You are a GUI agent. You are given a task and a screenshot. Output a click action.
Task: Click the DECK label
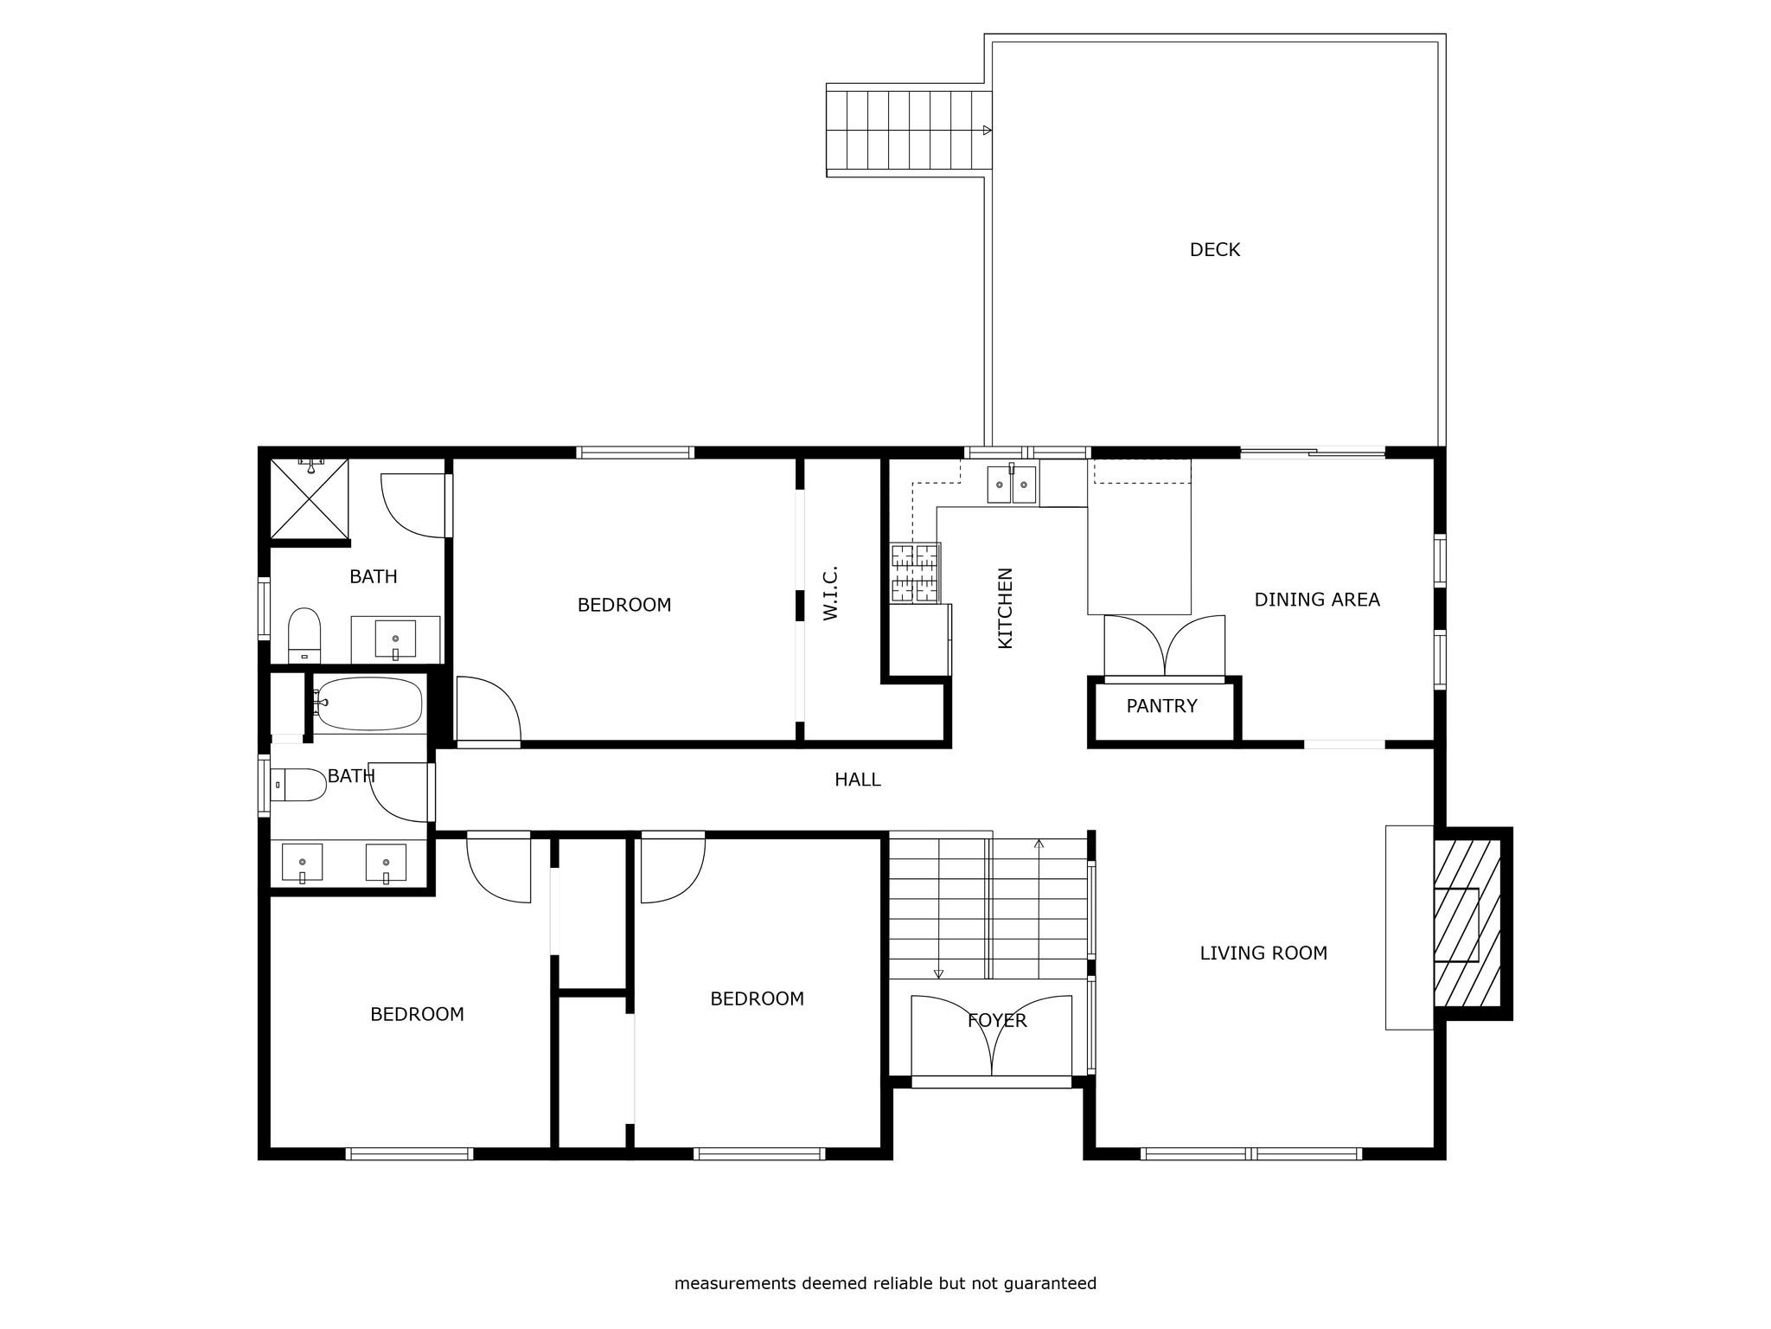click(x=1214, y=250)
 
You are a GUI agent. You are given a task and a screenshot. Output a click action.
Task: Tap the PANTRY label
click(x=1161, y=706)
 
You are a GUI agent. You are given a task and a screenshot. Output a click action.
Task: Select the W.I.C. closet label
click(x=831, y=593)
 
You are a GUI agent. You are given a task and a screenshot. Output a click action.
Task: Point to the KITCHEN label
click(x=1005, y=607)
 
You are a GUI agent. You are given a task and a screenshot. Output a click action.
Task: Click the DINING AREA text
click(x=1317, y=600)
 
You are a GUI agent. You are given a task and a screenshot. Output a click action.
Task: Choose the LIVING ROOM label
click(x=1263, y=953)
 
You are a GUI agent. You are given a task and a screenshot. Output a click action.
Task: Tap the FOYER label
click(x=997, y=1021)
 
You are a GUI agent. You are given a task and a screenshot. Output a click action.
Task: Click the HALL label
click(x=858, y=780)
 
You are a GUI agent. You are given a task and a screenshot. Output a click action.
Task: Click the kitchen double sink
click(x=1012, y=483)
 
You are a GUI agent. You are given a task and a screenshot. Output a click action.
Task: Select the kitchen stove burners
click(x=915, y=572)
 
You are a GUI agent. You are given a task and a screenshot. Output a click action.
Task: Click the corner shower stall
click(x=309, y=498)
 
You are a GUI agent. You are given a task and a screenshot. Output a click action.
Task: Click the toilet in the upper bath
click(x=304, y=634)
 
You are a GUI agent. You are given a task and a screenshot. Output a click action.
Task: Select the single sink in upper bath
click(x=395, y=639)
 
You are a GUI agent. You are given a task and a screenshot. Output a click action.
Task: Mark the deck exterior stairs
click(x=908, y=131)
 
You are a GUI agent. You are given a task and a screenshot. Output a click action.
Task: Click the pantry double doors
click(x=1165, y=645)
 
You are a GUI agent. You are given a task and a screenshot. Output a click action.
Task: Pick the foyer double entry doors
click(x=992, y=1037)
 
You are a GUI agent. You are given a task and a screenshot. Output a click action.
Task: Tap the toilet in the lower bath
click(x=299, y=785)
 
